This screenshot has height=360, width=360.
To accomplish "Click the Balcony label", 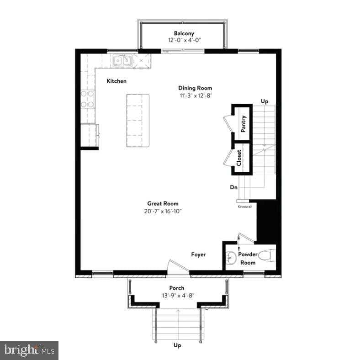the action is click(x=184, y=33).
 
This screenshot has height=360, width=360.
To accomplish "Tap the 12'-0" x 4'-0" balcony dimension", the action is click(x=185, y=40).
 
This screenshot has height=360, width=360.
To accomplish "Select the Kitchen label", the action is click(x=116, y=81).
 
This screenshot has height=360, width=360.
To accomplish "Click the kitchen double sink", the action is click(x=122, y=61).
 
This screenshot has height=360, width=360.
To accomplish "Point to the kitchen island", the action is click(x=138, y=120).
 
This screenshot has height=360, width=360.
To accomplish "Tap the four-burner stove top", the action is click(x=87, y=99).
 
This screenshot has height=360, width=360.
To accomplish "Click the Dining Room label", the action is click(x=195, y=88).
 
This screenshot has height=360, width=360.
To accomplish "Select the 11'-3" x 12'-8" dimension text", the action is click(x=196, y=95).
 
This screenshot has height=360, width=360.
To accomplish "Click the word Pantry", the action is click(x=244, y=124).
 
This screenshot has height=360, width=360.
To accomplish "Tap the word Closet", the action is click(x=239, y=158).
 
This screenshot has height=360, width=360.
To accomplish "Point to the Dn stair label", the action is click(x=234, y=187).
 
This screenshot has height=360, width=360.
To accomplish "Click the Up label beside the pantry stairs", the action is click(x=265, y=101).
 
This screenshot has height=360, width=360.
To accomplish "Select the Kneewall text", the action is click(x=245, y=206).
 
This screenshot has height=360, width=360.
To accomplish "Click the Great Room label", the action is click(x=163, y=203).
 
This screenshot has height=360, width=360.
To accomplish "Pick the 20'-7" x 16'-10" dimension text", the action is click(x=163, y=211).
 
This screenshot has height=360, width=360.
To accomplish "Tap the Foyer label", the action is click(x=198, y=254).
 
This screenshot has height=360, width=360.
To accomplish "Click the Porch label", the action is click(x=177, y=288).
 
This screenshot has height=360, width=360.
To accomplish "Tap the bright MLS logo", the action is click(x=29, y=350).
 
